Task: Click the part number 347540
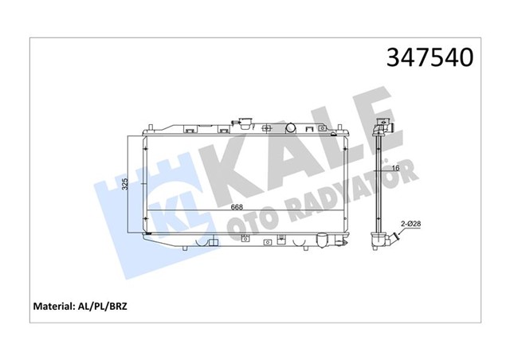click(431, 57)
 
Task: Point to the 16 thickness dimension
click(394, 168)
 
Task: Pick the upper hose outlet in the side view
click(385, 128)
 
